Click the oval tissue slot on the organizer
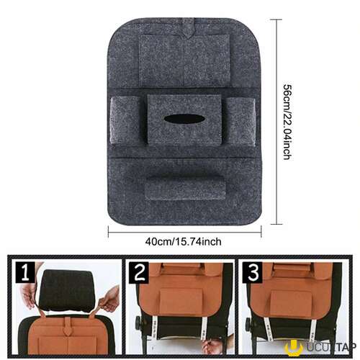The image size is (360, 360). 184,119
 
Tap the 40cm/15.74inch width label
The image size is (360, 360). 183,241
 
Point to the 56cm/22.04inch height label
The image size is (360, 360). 287,122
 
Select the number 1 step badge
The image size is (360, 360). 25,272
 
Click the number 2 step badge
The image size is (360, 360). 139,273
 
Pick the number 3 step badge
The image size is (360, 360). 252,273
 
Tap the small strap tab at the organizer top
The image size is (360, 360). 188,28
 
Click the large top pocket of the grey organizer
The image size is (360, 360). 184,60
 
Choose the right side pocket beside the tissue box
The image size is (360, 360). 240,122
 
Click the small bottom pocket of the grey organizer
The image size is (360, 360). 185,187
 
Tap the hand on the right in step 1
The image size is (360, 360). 109,300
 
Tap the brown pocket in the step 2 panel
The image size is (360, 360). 180,300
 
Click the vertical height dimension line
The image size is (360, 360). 277,122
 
